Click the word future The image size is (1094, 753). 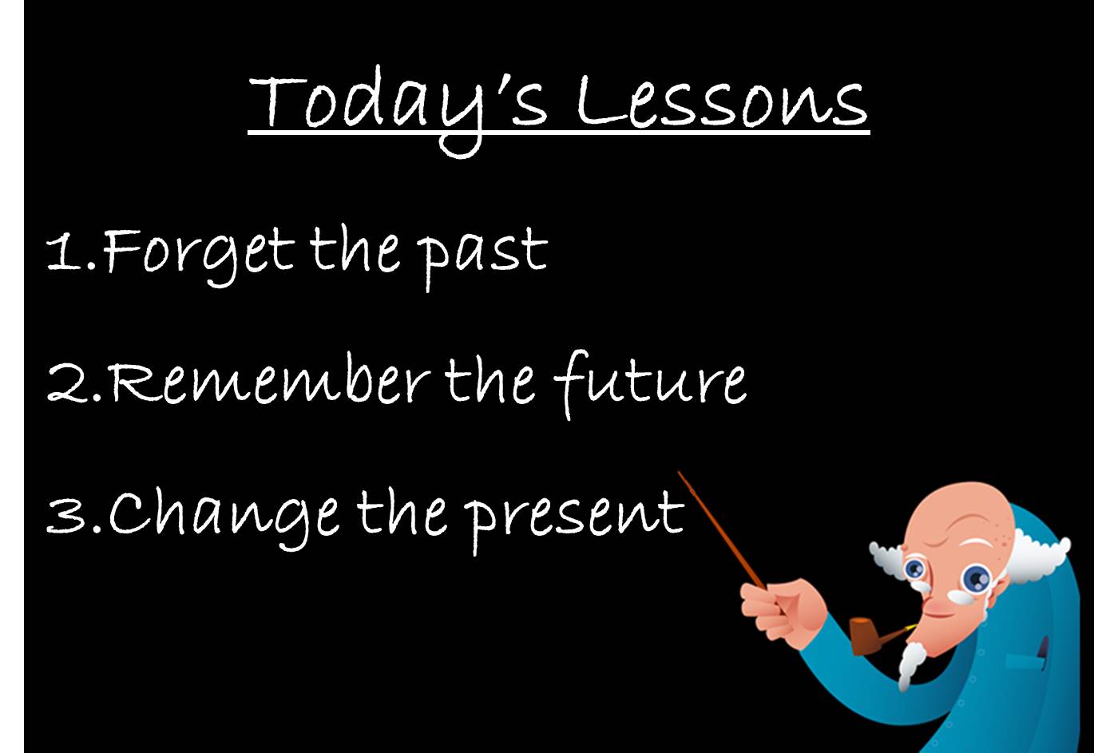coord(650,382)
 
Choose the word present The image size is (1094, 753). coord(575,515)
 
